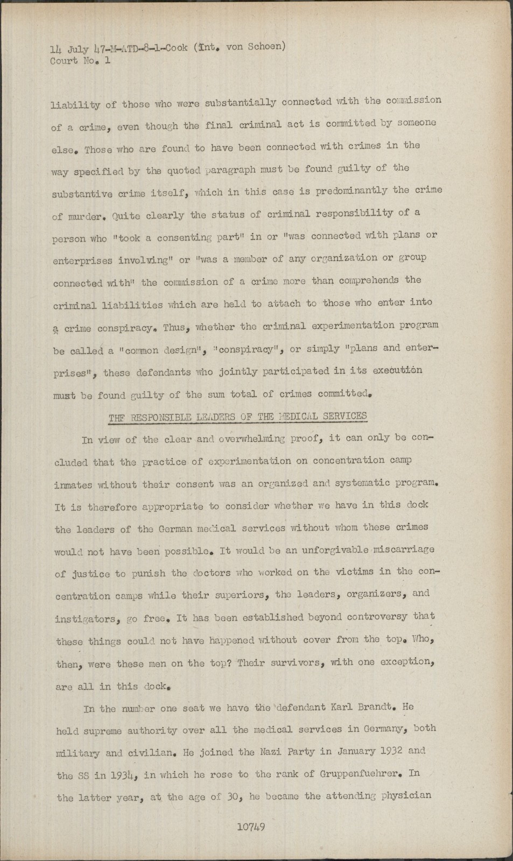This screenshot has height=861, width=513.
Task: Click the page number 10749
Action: coord(251,828)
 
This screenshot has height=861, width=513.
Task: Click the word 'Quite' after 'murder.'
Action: coord(127,216)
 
